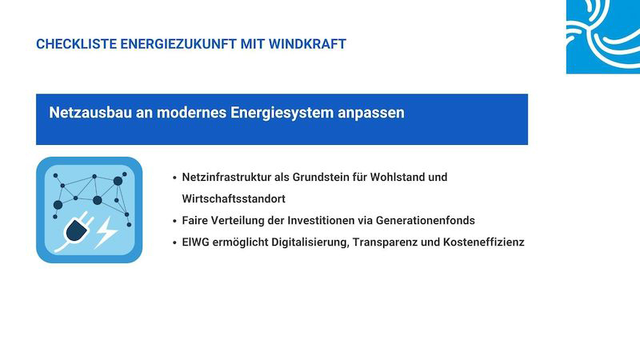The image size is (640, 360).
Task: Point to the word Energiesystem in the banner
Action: point(282,114)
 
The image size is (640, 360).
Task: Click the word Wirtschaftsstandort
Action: point(234,198)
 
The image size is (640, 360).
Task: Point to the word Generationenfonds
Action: point(426,221)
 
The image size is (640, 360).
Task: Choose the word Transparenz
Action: point(385,242)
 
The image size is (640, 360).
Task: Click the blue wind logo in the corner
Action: point(603,37)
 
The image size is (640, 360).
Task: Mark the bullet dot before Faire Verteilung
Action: point(174,222)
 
